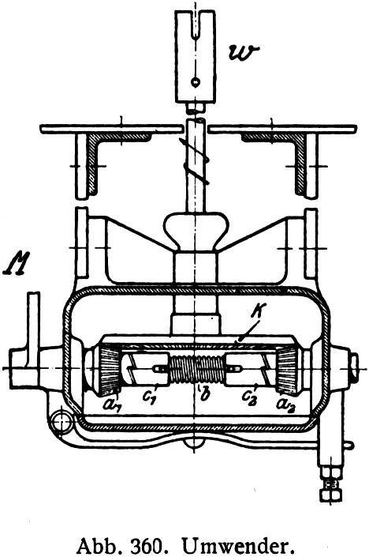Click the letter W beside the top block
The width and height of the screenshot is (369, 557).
tap(244, 54)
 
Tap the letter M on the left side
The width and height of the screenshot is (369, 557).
tap(17, 263)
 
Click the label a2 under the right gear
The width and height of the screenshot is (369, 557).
tap(285, 404)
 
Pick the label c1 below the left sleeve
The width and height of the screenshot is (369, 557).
tap(150, 395)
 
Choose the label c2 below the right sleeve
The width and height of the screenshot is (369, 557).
tap(249, 396)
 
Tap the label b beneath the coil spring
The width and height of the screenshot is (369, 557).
tap(204, 394)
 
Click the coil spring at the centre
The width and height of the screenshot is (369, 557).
tap(196, 370)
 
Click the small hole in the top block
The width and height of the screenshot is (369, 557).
tap(196, 82)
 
